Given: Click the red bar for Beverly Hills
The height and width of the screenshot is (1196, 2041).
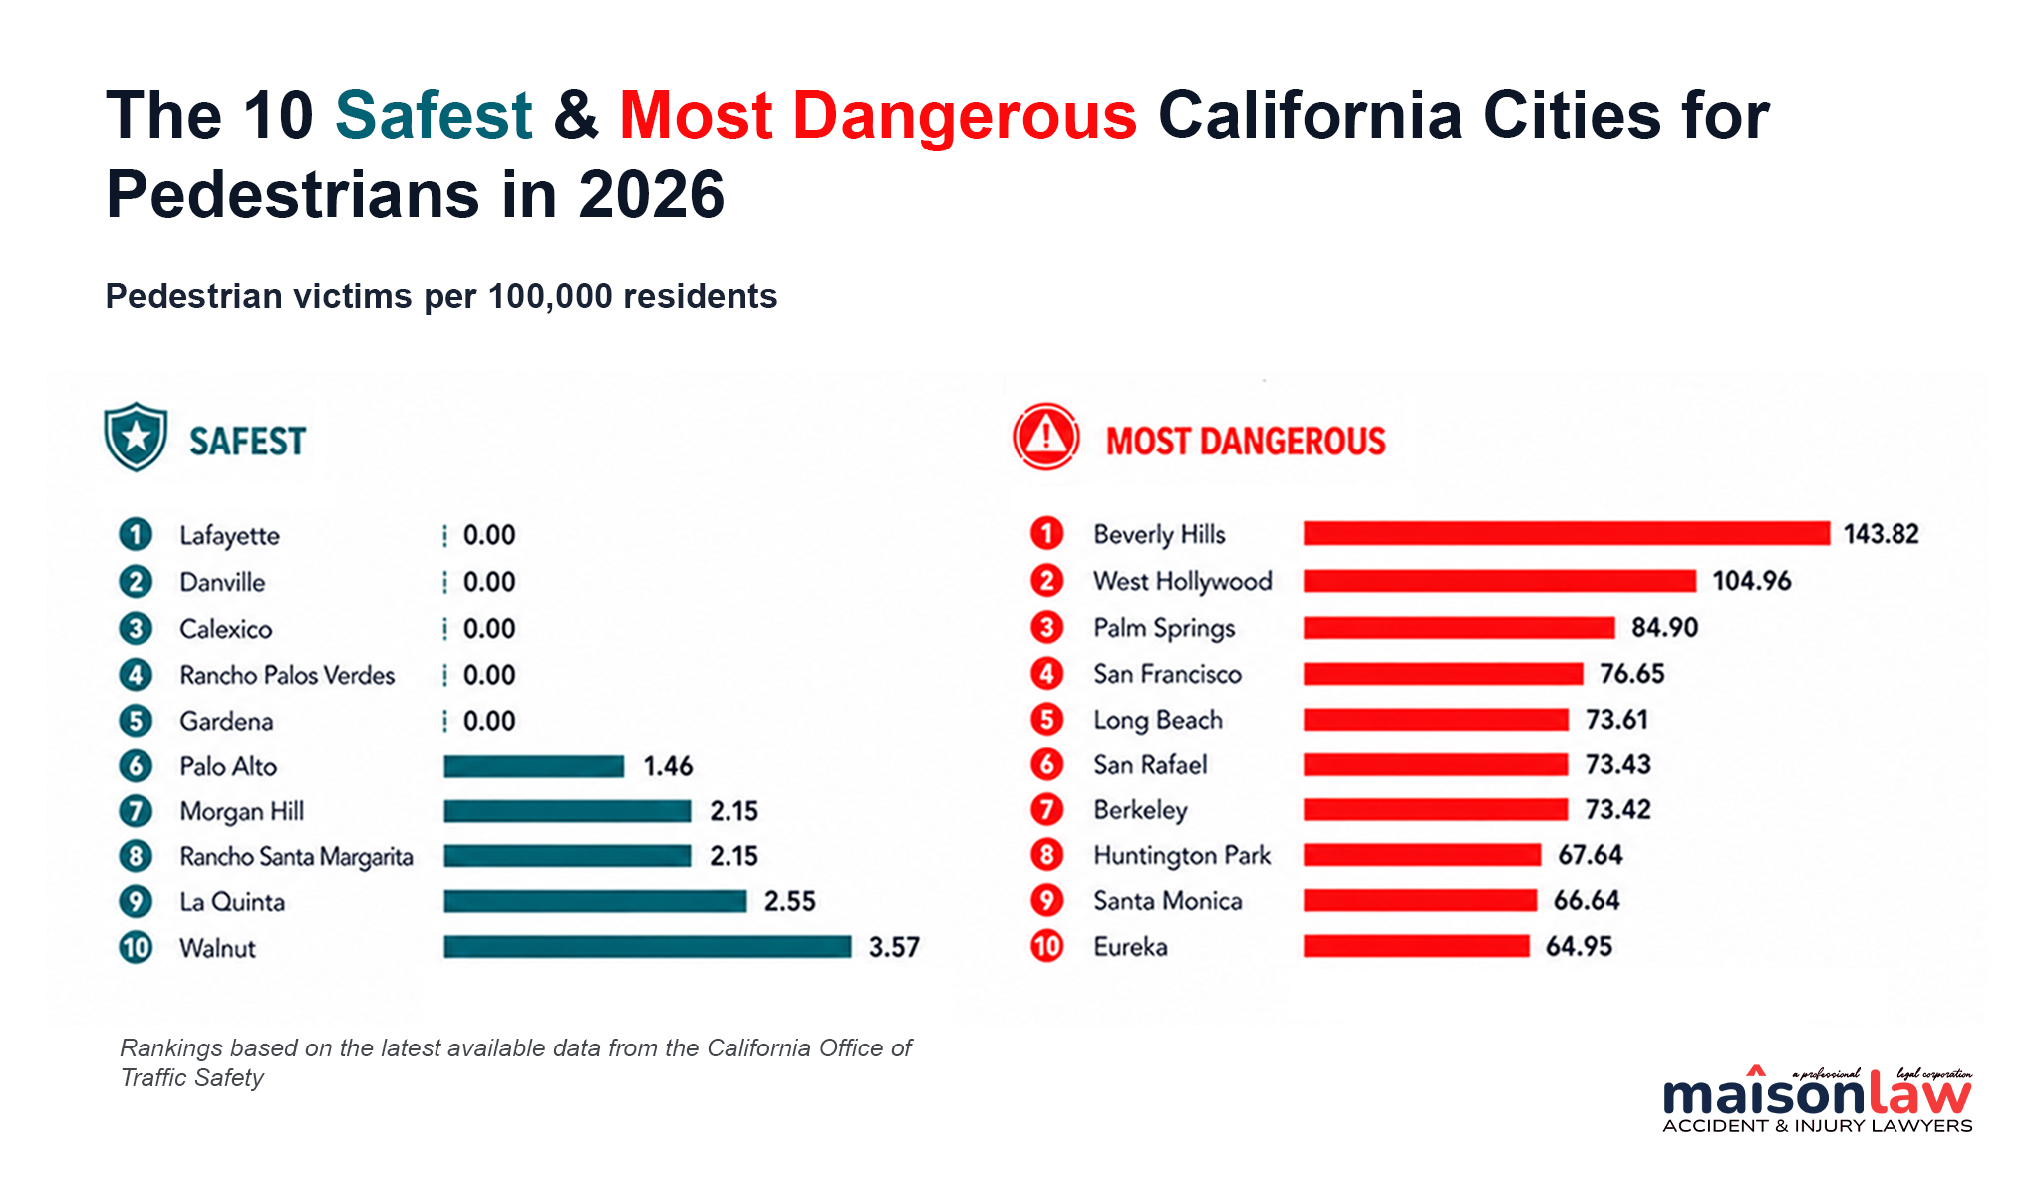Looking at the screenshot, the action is [1567, 533].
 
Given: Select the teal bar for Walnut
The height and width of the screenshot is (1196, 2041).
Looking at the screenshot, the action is [648, 946].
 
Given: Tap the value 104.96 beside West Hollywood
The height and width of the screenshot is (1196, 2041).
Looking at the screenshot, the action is [1752, 580].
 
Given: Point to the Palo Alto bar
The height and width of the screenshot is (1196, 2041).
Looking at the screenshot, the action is [534, 766].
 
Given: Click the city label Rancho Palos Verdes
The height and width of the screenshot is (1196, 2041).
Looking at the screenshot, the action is [287, 675].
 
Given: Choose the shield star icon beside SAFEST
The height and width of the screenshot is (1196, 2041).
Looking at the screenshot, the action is [136, 437].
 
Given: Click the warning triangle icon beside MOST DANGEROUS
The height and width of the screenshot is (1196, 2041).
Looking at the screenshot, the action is [1046, 437].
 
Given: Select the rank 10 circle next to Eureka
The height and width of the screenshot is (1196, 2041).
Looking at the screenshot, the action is [1046, 945].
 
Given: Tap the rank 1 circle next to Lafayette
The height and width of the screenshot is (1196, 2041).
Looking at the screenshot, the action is [136, 535].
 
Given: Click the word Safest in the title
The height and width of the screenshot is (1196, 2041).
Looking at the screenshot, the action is [434, 115].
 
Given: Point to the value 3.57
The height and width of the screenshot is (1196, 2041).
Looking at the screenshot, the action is [894, 947].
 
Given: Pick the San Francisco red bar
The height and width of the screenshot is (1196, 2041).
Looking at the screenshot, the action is [1443, 674].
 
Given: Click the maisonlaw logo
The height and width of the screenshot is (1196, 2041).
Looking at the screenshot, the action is [1818, 1100].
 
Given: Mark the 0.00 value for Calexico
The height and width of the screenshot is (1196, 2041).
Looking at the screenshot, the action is [489, 629].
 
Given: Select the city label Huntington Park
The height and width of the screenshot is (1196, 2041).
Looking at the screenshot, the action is [1182, 855].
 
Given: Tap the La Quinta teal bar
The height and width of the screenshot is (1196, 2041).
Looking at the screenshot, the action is [596, 901].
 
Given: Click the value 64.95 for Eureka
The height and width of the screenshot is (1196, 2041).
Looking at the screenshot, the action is [1579, 946].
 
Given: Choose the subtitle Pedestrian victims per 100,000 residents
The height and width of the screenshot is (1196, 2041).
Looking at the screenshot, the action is [441, 296].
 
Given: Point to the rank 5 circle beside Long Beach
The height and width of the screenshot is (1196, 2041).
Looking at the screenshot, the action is [1046, 719].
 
